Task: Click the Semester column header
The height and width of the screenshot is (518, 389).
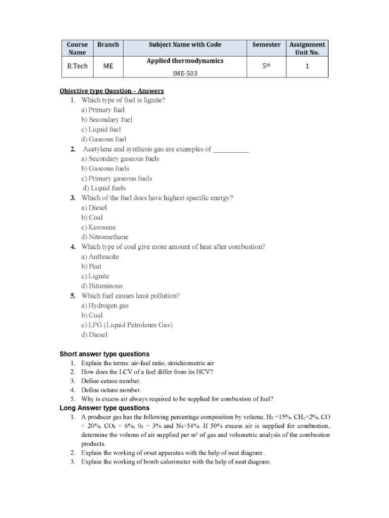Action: click(x=266, y=45)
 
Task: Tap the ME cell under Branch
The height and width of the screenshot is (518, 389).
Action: click(x=108, y=66)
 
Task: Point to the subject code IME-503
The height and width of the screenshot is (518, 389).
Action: click(x=185, y=73)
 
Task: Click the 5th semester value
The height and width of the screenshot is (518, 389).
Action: click(x=266, y=66)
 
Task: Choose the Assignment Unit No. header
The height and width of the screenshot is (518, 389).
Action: click(x=307, y=48)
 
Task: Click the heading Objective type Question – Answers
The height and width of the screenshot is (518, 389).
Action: click(x=111, y=91)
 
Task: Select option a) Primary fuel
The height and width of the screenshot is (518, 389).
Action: click(x=103, y=110)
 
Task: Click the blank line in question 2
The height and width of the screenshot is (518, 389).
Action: click(x=231, y=149)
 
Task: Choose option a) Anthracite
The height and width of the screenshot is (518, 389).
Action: click(x=100, y=256)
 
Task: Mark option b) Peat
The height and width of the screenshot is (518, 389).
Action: click(x=91, y=266)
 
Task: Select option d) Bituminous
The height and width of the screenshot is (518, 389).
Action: click(x=101, y=286)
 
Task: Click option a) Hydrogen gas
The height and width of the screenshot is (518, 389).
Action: click(x=105, y=306)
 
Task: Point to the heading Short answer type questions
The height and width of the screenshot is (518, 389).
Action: click(x=104, y=354)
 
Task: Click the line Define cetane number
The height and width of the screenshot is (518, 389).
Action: click(x=111, y=380)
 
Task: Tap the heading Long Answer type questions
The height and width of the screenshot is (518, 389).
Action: click(x=104, y=408)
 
